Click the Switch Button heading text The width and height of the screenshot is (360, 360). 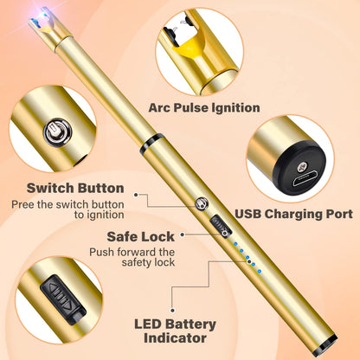(x=75, y=188)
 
